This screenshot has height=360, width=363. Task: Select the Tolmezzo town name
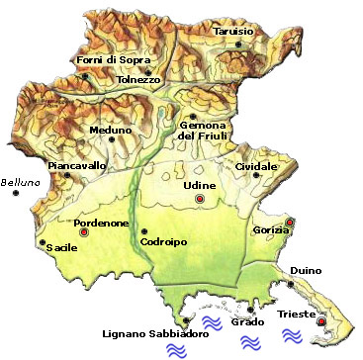pos(136,80)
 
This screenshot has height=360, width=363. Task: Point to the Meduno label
pos(110,129)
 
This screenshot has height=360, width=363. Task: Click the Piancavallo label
pos(78,165)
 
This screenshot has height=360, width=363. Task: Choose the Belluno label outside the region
pos(21,181)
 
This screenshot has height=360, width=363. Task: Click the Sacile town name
pos(62,247)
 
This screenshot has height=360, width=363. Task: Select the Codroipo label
pos(164,241)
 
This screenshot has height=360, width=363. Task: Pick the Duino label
pos(308,270)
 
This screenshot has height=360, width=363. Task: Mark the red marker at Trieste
pos(320,321)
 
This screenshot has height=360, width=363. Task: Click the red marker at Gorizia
pos(290,222)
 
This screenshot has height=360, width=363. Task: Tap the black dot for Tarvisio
pos(211,39)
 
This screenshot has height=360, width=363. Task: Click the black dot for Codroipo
pos(143,231)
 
